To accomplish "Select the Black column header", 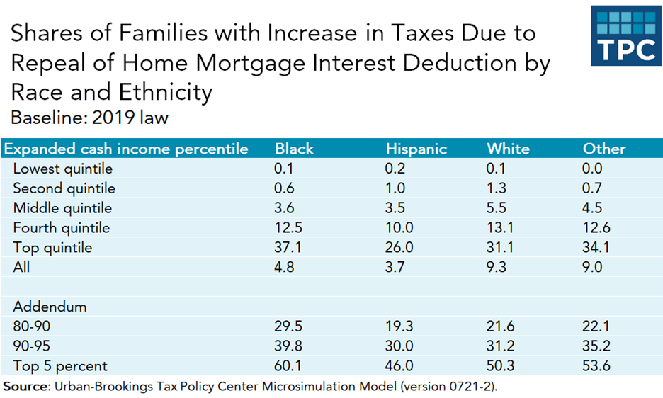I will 294,149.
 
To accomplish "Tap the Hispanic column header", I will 416,149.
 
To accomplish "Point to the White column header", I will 508,149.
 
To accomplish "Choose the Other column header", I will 604,149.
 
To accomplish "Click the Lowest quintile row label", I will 63,169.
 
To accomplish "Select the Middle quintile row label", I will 62,208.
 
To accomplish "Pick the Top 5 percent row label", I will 60,366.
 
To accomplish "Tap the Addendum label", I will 50,307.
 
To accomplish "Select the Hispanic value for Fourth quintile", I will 399,228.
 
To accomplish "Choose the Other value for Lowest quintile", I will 593,169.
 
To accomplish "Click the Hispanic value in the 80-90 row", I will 399,326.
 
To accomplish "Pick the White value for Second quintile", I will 497,188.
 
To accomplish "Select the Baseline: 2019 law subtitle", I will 90,118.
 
